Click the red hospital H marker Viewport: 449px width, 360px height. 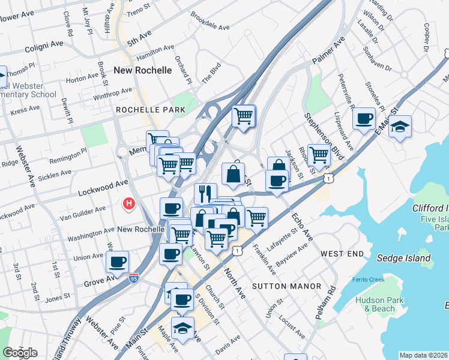coord(128,205)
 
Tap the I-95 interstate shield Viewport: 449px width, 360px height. coord(133,278)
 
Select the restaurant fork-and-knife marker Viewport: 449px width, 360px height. coord(205,194)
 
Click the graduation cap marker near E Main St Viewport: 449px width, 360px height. coord(400,127)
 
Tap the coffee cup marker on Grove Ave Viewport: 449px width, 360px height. coord(117,262)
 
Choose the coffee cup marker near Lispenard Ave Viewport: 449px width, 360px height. coord(364,118)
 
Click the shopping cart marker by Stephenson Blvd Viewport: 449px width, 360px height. coord(319,155)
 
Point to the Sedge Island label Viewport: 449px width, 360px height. coord(403,259)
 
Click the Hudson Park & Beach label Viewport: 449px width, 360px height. coord(375,304)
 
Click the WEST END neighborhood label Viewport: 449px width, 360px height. coord(342,254)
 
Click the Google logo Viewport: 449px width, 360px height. coord(20,352)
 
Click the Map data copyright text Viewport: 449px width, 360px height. coord(423,355)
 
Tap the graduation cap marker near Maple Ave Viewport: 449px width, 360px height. coord(182,328)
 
